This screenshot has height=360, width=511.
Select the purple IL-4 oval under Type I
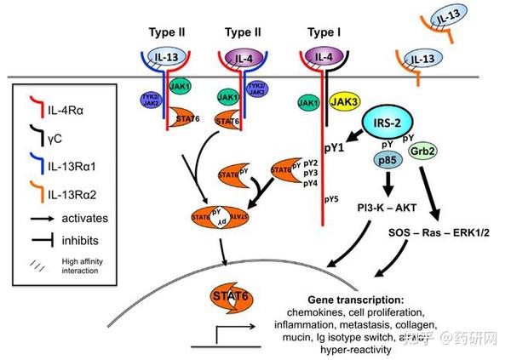(x=321, y=58)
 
